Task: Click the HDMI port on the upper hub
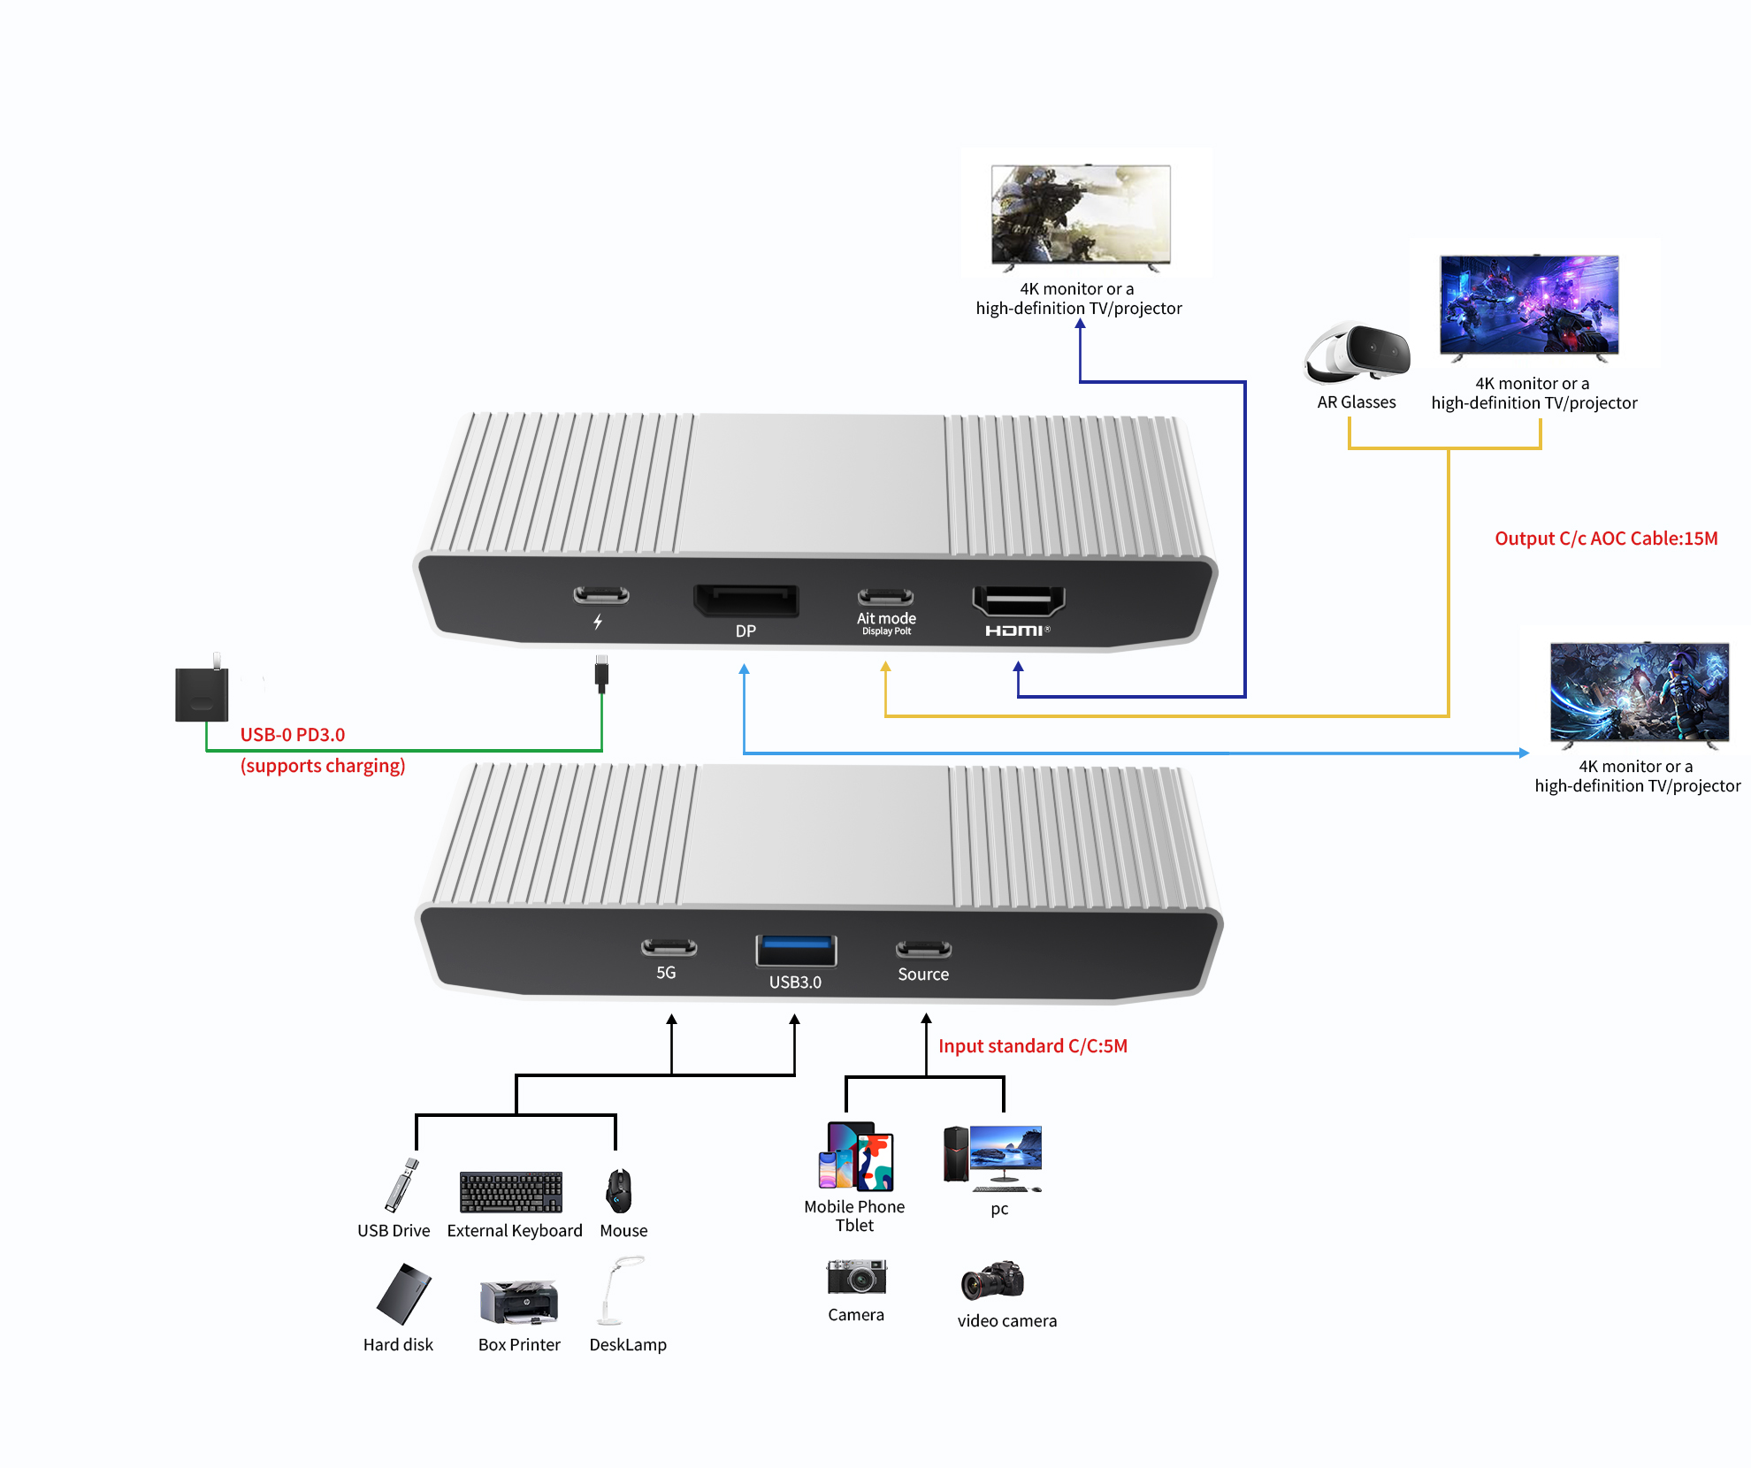click(1018, 600)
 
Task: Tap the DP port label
click(746, 631)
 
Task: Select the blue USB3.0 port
click(796, 951)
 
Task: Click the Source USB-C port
click(923, 949)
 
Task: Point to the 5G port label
click(666, 973)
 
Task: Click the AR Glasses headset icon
click(1357, 354)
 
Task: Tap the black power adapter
click(202, 693)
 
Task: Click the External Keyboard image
click(511, 1192)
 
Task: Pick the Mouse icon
click(619, 1191)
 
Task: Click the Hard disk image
click(403, 1294)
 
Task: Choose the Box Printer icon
click(519, 1302)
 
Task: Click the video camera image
click(992, 1281)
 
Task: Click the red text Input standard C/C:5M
click(1032, 1046)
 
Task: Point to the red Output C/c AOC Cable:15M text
click(1605, 539)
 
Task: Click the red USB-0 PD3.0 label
click(292, 735)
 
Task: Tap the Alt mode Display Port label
click(886, 623)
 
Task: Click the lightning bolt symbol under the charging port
click(599, 622)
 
